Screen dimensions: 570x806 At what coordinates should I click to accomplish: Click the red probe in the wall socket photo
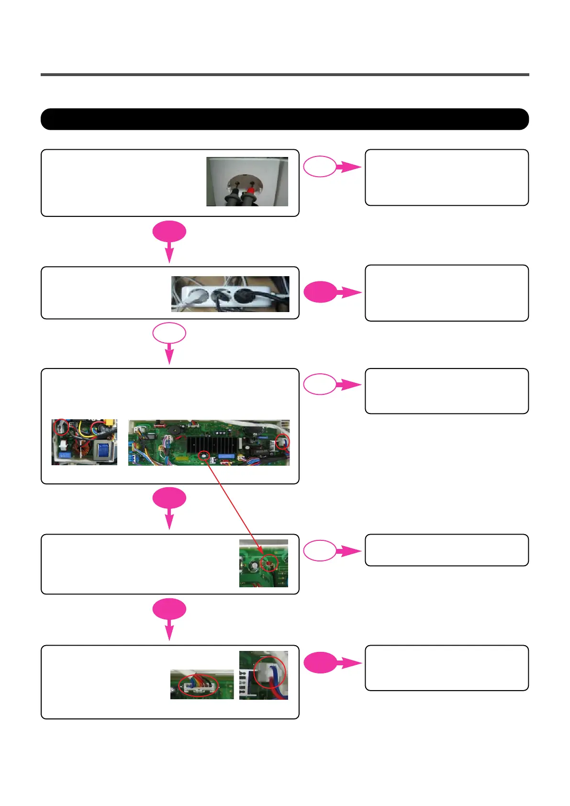point(249,194)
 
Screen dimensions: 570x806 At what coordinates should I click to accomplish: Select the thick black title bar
point(285,119)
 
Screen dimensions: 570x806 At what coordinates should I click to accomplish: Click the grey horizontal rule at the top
point(285,75)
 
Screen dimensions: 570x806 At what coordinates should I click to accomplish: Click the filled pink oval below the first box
point(169,232)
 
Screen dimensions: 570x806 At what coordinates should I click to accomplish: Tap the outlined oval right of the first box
point(320,167)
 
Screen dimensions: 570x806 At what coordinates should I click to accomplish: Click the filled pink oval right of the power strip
point(320,292)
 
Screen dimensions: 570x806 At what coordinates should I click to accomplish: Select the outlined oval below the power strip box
point(169,333)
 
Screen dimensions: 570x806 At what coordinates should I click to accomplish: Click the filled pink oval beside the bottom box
point(320,663)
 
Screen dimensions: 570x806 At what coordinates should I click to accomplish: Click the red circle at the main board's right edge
point(283,442)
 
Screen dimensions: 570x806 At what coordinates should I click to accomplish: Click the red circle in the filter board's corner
point(61,426)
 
